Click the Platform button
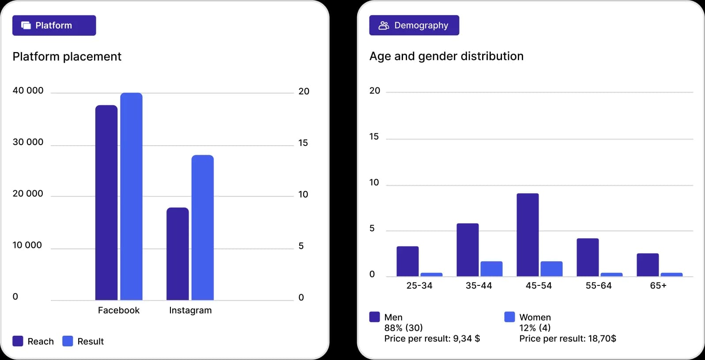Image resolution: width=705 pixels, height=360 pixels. [54, 26]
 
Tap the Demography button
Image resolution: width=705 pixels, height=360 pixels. [414, 26]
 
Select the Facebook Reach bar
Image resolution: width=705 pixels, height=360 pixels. [106, 202]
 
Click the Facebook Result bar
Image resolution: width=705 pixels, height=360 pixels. [131, 196]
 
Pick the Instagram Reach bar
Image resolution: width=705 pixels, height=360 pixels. [177, 254]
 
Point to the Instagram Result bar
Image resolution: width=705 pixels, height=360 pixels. [202, 227]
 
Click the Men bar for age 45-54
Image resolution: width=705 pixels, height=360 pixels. [528, 235]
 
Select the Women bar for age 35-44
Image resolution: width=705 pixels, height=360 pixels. [491, 269]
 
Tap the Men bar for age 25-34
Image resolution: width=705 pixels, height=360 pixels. [407, 261]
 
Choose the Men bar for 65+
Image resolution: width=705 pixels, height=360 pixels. [648, 265]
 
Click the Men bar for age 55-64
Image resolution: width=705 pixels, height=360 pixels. [588, 257]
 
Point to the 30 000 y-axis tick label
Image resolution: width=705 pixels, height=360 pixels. [28, 142]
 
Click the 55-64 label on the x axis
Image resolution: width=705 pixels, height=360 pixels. [599, 285]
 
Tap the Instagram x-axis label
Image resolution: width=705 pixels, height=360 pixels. [190, 310]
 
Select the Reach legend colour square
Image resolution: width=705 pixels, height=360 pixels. [18, 341]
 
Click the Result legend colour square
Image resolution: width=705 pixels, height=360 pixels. [68, 341]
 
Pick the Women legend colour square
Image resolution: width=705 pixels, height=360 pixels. [509, 317]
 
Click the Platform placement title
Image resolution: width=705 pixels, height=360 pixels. [67, 56]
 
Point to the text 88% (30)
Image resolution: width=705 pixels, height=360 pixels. [403, 328]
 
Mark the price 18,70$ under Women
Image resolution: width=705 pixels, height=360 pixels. [602, 338]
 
